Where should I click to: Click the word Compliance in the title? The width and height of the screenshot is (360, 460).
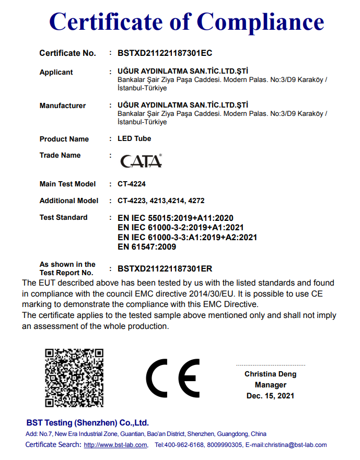click(260, 22)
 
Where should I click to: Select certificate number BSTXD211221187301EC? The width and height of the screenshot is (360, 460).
click(165, 53)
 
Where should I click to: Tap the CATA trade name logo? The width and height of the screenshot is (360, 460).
click(141, 161)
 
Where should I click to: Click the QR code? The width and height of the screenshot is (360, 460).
click(74, 378)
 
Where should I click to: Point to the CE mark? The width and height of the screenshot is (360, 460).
click(172, 378)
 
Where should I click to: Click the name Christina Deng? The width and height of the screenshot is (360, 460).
click(270, 374)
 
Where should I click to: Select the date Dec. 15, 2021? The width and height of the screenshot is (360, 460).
click(270, 396)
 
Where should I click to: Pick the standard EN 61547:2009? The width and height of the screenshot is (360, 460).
click(147, 246)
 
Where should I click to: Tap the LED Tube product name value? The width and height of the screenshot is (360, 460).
click(135, 138)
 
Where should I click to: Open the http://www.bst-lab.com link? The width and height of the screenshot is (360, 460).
click(116, 445)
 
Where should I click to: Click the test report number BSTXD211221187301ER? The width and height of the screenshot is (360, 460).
click(165, 268)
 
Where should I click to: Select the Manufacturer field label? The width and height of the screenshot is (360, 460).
click(63, 105)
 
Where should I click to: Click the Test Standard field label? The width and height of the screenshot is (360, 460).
click(64, 217)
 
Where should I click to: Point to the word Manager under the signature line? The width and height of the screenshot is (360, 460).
click(270, 385)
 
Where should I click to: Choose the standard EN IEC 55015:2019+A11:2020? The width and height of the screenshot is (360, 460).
click(176, 218)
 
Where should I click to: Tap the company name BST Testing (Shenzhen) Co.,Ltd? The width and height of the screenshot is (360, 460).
click(88, 423)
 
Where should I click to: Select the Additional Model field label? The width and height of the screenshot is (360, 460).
click(69, 200)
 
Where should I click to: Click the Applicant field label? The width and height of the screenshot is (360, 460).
click(56, 72)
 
